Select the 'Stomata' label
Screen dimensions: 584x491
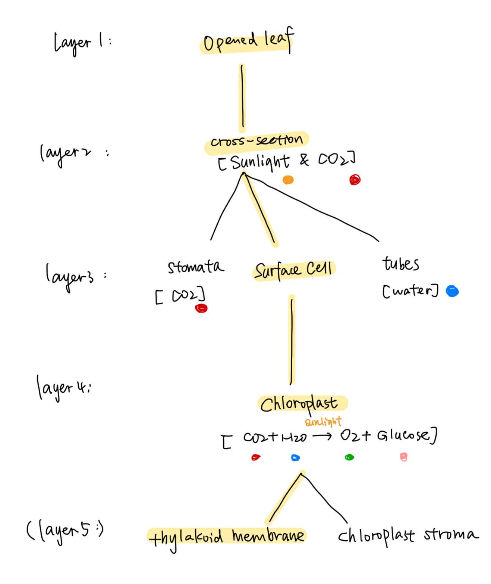pos(196,267)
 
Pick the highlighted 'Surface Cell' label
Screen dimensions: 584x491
pos(294,270)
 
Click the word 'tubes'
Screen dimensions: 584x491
pos(400,264)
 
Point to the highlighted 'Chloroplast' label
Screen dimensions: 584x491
pos(299,404)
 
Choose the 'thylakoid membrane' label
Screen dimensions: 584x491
pos(227,537)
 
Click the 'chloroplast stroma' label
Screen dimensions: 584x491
pos(408,535)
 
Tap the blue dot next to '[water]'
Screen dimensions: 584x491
pos(452,291)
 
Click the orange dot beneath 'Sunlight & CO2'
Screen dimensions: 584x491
pos(288,180)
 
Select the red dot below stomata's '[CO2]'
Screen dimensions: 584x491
pos(201,308)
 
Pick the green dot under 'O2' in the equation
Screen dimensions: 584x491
pos(349,457)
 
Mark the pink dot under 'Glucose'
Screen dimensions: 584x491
pos(403,457)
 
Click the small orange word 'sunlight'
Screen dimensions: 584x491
pos(323,422)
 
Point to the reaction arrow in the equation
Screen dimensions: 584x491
pos(322,436)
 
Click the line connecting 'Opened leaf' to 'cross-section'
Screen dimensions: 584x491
pos(242,97)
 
